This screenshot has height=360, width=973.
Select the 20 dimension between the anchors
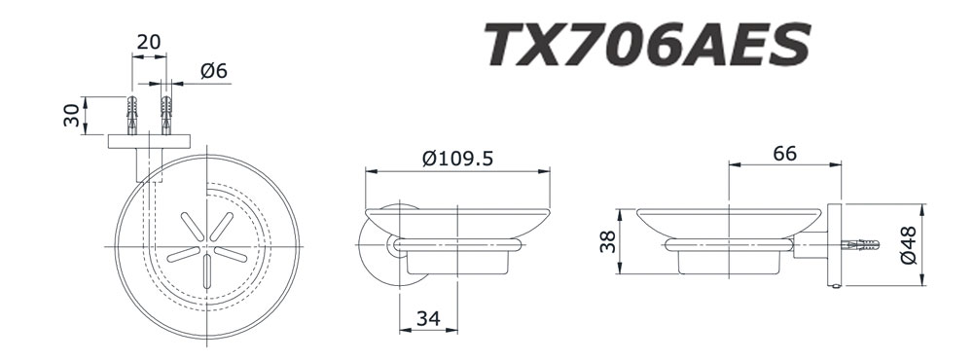pyautogui.click(x=149, y=44)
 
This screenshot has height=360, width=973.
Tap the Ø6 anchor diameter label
pyautogui.click(x=214, y=71)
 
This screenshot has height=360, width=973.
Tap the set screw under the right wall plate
pyautogui.click(x=833, y=286)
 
